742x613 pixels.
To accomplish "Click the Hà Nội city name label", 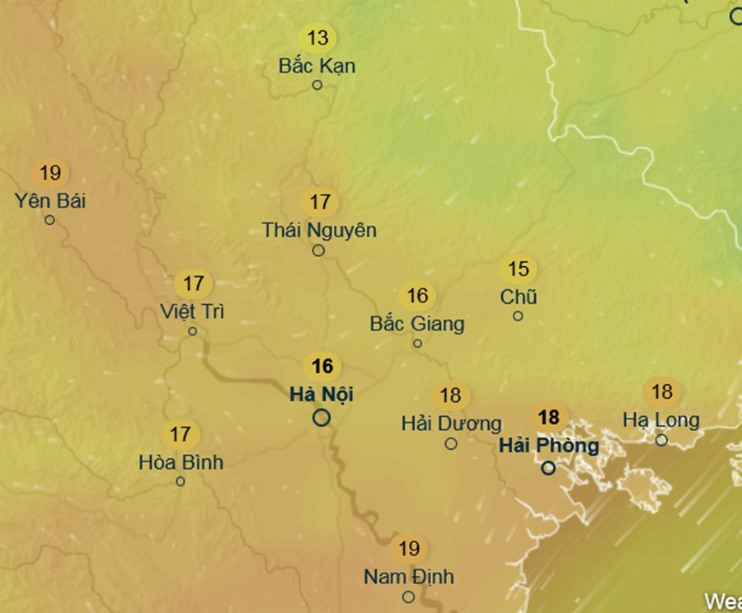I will click(322, 395).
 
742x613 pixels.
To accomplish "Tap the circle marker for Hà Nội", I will click(322, 418).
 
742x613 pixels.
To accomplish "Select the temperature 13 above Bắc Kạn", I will click(317, 37).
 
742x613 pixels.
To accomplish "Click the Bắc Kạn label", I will click(317, 65).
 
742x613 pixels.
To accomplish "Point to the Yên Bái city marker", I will click(49, 220).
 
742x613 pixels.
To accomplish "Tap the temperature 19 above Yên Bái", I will click(50, 173).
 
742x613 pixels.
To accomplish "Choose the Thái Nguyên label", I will click(319, 230).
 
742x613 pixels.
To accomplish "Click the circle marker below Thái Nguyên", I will click(318, 250).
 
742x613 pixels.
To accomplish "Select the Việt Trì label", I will click(193, 311).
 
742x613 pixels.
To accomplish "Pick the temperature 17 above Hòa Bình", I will click(180, 433).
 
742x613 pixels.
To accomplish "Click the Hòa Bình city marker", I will click(181, 481).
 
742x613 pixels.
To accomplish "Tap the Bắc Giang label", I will click(417, 323).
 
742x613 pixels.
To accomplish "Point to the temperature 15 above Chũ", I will click(518, 269).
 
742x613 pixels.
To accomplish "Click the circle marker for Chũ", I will click(518, 316).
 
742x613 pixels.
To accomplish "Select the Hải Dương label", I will click(451, 423).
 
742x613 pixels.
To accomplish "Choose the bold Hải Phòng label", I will click(549, 446).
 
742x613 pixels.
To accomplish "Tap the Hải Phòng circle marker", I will click(548, 468).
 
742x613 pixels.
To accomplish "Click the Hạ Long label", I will click(661, 420).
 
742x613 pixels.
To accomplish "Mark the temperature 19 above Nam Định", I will click(409, 548).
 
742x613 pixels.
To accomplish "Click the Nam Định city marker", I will click(408, 597).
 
